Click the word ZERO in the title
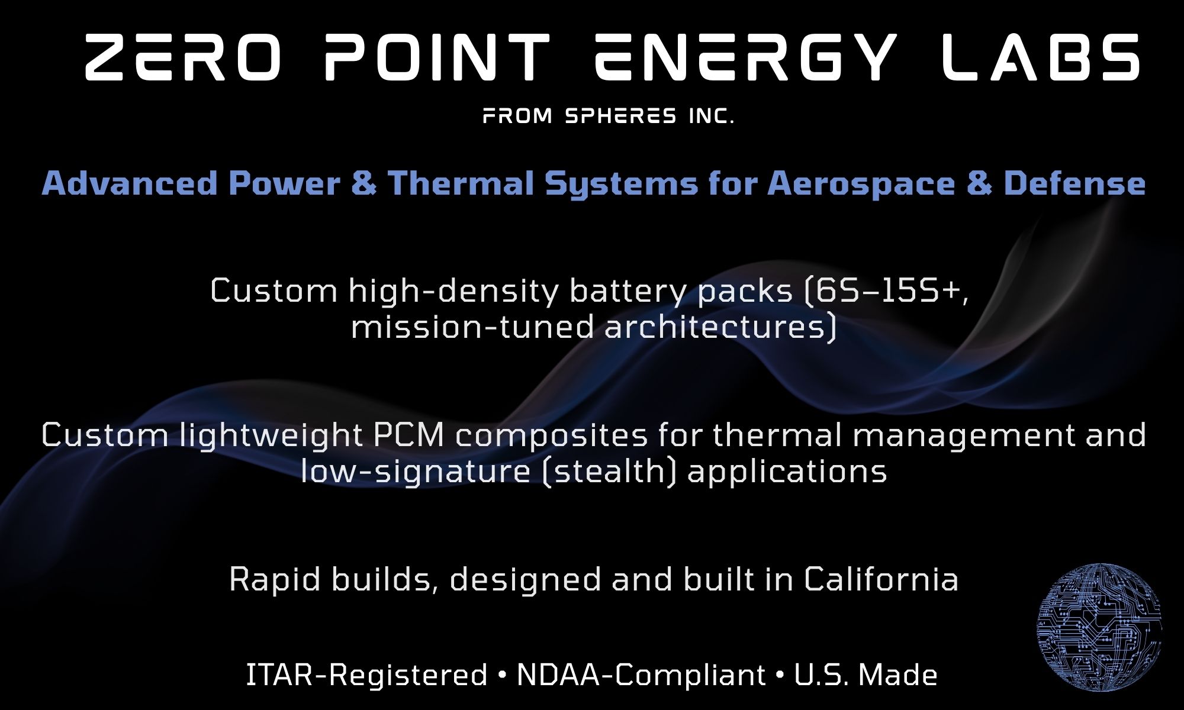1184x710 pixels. [182, 58]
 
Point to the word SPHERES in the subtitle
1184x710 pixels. [620, 117]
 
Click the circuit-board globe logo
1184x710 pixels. [1099, 628]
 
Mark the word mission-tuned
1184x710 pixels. [473, 328]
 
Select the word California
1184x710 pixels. [881, 579]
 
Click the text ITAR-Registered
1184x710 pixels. [366, 676]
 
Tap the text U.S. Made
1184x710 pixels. [866, 676]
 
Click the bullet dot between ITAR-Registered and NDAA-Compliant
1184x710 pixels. [502, 676]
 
